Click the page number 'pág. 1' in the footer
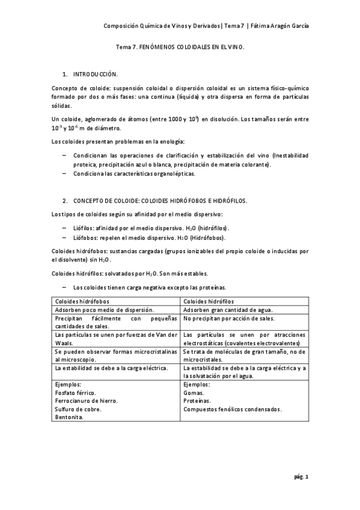(301, 477)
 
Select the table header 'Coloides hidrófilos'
(209, 301)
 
